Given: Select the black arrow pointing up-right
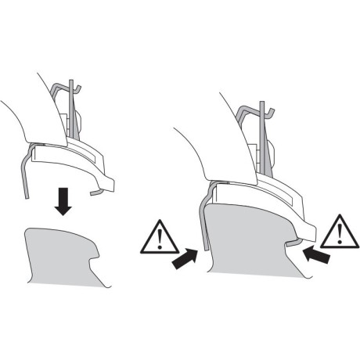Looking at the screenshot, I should (185, 257).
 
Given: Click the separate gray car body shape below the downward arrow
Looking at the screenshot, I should (63, 254).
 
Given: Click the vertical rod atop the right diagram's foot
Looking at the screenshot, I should (267, 133).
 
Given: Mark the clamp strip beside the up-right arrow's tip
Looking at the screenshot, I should (203, 227).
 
